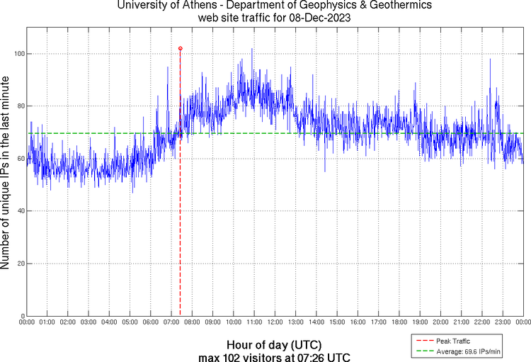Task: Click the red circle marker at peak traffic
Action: (181, 48)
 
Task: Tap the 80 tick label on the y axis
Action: (19, 106)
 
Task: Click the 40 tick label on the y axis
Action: (19, 211)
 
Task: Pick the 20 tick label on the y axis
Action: (19, 264)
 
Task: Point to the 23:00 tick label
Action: (503, 322)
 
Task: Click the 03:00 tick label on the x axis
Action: (88, 322)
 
